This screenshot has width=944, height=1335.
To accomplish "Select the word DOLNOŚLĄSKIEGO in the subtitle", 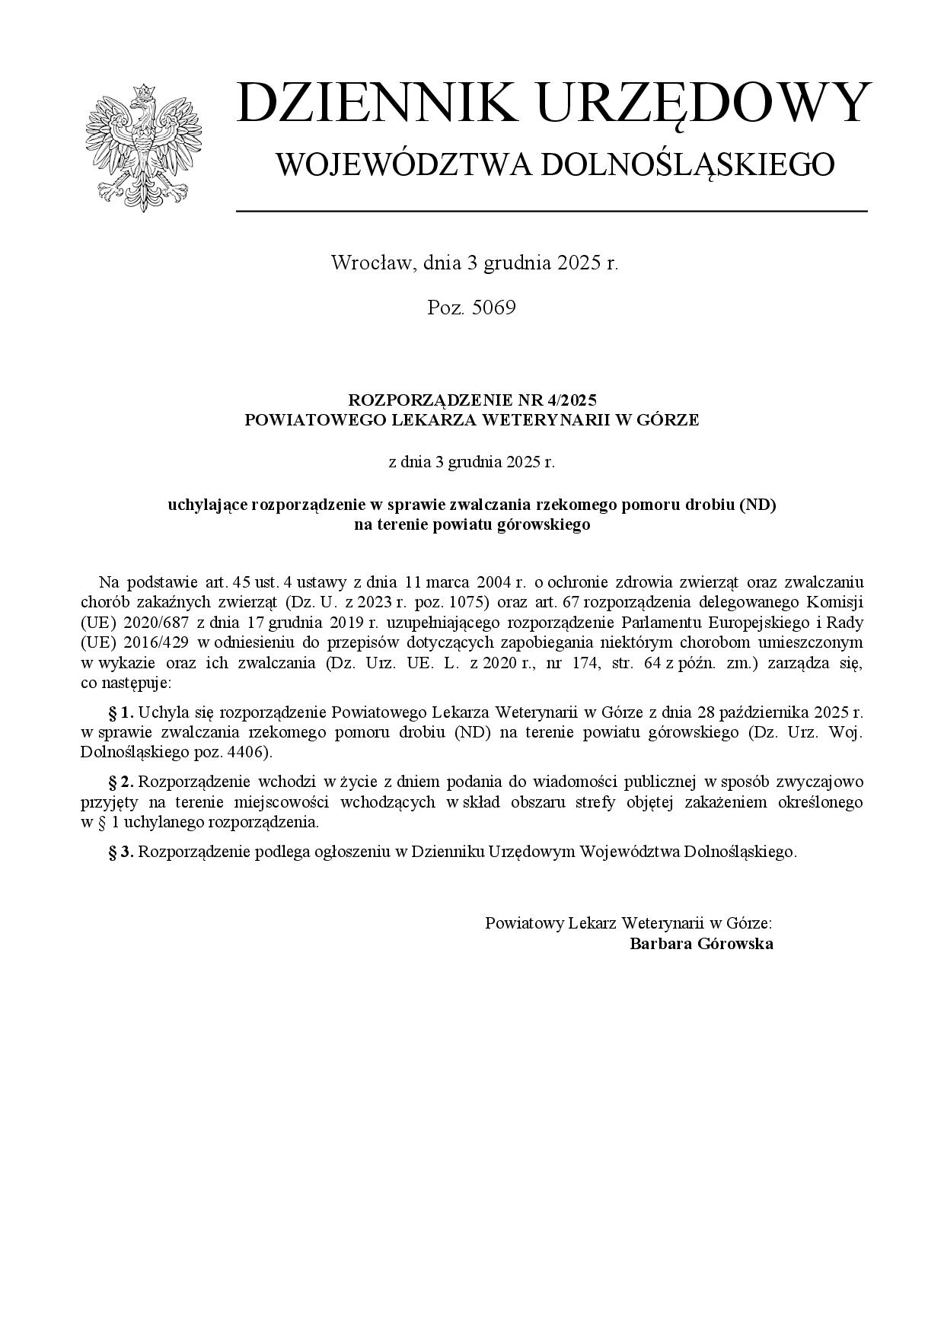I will (687, 164).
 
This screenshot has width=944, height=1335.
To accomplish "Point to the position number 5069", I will (493, 307).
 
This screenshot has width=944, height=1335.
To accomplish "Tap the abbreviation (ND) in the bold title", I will (757, 505).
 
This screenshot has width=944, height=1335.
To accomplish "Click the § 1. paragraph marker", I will (122, 713).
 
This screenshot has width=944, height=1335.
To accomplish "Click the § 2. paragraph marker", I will (122, 782).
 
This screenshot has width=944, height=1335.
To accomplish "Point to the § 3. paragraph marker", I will (122, 852).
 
